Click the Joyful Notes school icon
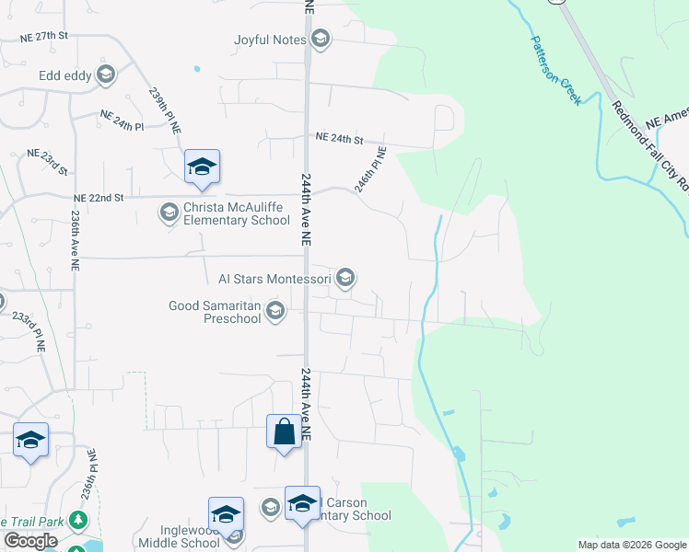tap(320, 38)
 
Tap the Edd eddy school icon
tap(105, 75)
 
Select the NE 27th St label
tap(46, 37)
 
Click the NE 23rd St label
tap(49, 159)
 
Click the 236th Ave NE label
tap(74, 237)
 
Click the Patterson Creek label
tap(555, 70)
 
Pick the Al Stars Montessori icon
tap(345, 277)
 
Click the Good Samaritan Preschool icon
tap(274, 313)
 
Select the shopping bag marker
tap(283, 431)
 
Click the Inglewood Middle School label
tap(176, 535)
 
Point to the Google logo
tap(30, 541)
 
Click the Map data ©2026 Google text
tap(631, 545)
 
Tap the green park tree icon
tap(79, 522)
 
